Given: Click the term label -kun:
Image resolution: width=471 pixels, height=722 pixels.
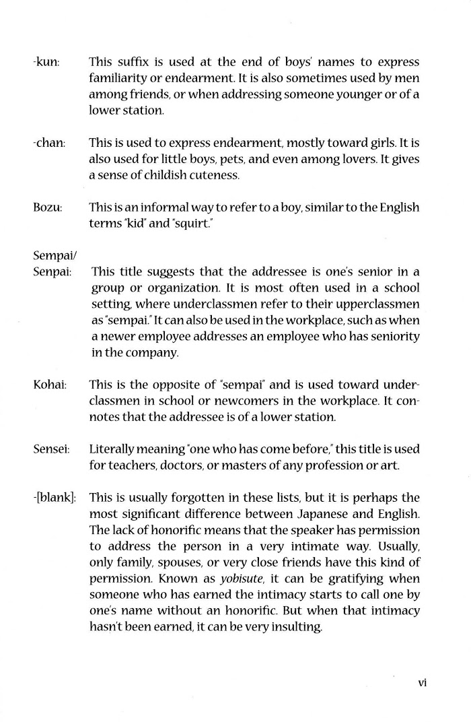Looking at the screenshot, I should pyautogui.click(x=46, y=62).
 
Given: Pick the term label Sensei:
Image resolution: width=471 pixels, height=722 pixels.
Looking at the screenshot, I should pyautogui.click(x=50, y=449).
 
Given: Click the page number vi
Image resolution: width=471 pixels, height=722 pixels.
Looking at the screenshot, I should pyautogui.click(x=423, y=682).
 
